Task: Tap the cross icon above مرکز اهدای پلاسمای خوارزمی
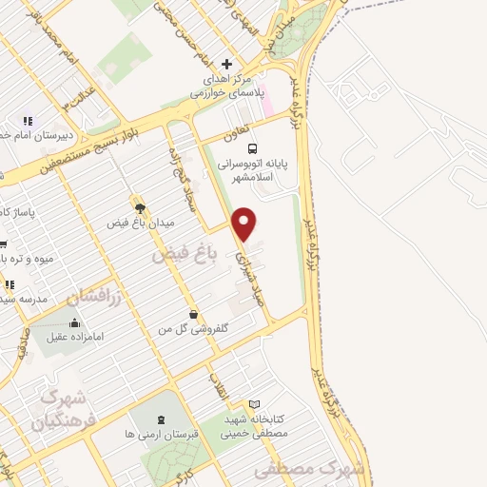click(x=224, y=64)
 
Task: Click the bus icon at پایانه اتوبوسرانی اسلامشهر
click(x=252, y=148)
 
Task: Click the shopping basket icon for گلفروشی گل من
click(x=193, y=314)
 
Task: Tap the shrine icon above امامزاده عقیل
click(x=74, y=321)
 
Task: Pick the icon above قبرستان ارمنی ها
click(x=160, y=418)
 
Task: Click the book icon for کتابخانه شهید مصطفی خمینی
click(x=253, y=403)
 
